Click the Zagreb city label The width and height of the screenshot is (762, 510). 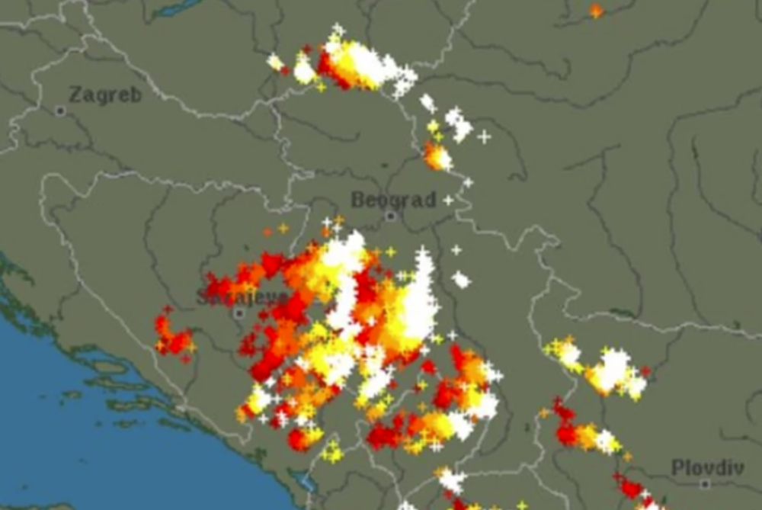click(x=105, y=95)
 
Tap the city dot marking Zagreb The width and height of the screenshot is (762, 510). click(x=60, y=111)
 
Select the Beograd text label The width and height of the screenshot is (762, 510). click(x=393, y=200)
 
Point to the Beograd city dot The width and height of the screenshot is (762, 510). click(x=391, y=217)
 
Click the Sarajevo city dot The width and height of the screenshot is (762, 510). click(x=239, y=313)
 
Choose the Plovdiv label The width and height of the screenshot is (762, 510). click(x=708, y=467)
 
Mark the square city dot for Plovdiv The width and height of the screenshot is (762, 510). click(x=705, y=484)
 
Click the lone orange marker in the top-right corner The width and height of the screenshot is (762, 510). click(x=596, y=11)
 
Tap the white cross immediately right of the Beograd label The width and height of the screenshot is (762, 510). click(x=448, y=200)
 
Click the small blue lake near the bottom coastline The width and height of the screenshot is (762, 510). click(x=309, y=483)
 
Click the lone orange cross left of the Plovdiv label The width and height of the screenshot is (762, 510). click(x=627, y=457)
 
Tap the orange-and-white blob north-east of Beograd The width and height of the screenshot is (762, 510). click(x=437, y=156)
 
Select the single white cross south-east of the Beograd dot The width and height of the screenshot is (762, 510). click(x=456, y=249)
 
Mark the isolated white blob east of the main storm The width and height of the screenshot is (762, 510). click(x=461, y=279)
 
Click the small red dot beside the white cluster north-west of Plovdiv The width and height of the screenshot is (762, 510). click(x=646, y=371)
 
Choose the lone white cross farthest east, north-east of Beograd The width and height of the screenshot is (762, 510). click(x=484, y=137)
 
